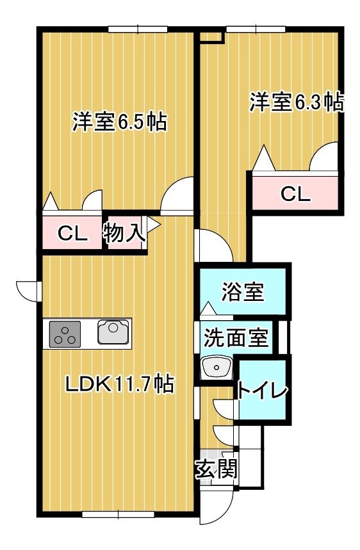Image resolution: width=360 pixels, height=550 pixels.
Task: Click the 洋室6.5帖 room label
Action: tap(119, 122)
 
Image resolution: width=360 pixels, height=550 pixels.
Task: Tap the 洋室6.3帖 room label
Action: tap(295, 102)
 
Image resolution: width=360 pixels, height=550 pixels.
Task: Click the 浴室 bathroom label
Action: tap(243, 292)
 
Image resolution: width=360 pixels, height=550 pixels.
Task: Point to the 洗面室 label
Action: tap(235, 337)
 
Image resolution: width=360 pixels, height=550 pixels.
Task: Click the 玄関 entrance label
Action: tap(216, 470)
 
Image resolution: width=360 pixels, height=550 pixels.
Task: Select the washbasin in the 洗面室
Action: tap(216, 368)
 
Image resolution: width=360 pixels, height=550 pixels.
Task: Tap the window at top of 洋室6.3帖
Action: tap(255, 28)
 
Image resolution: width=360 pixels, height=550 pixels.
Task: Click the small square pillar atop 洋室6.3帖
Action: tap(211, 37)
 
